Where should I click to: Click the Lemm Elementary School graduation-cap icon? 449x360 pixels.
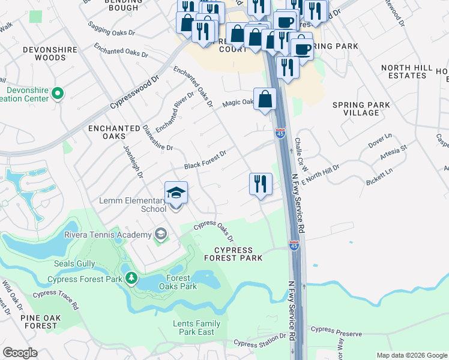click(176, 193)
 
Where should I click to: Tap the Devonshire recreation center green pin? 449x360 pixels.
click(58, 94)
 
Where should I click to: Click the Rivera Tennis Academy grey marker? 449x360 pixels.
click(160, 234)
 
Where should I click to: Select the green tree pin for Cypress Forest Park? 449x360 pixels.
click(131, 279)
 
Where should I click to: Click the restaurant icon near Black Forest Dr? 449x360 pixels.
click(261, 184)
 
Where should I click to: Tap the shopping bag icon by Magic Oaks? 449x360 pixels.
click(265, 99)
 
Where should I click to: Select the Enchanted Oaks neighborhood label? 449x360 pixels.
click(114, 133)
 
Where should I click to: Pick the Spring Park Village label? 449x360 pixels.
click(361, 109)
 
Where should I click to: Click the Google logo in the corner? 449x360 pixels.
click(20, 353)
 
